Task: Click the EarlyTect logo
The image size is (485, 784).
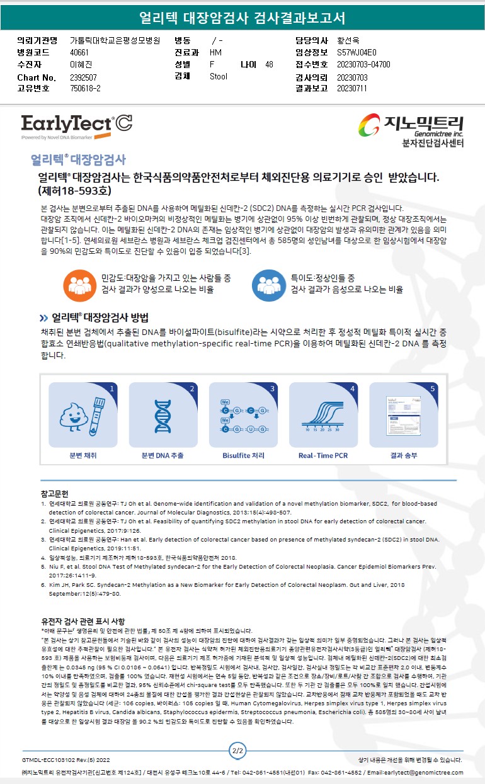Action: (77, 127)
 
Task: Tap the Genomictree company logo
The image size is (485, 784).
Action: (411, 130)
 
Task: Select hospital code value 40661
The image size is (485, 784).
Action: (79, 52)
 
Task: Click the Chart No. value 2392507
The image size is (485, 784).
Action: (83, 77)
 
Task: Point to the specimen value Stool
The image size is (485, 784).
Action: (218, 76)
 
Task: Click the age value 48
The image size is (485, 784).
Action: (269, 64)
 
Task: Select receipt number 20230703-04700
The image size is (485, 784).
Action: (363, 64)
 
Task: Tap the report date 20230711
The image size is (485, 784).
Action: (352, 88)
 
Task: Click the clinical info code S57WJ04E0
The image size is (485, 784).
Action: (357, 52)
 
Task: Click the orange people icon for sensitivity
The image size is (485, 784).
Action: (80, 285)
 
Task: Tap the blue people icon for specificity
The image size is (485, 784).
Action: (268, 285)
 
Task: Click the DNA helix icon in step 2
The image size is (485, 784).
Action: (163, 416)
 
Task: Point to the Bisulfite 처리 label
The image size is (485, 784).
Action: (243, 455)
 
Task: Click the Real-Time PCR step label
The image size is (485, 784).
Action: (323, 455)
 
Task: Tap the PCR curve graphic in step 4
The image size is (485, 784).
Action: (322, 416)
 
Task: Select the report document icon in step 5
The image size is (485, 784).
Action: (403, 416)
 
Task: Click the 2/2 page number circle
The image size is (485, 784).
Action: (237, 751)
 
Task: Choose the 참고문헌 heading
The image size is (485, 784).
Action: (54, 494)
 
